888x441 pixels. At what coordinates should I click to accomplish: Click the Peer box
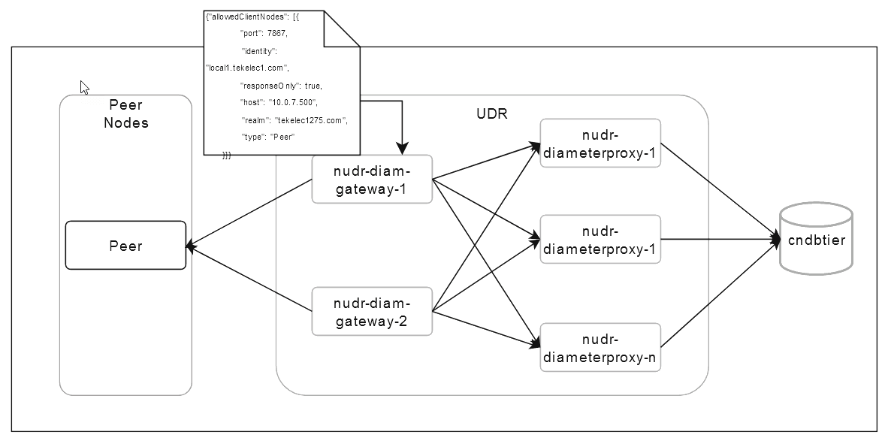tap(125, 245)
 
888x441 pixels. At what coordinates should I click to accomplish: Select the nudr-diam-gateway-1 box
tap(372, 180)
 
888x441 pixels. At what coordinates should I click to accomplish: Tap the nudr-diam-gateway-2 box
tap(372, 312)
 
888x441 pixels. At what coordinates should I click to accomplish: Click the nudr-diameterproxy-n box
tap(600, 348)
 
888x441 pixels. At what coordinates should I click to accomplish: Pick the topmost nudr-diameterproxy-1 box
tap(600, 143)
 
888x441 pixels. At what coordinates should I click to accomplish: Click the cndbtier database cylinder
tap(817, 240)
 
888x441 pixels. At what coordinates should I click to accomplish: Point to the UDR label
tap(492, 114)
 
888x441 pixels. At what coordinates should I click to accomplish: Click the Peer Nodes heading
tap(125, 113)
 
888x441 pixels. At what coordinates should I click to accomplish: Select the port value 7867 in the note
tap(276, 34)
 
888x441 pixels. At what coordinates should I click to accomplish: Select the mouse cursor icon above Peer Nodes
tap(85, 87)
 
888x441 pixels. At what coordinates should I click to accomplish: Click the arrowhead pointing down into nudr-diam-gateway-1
tap(403, 148)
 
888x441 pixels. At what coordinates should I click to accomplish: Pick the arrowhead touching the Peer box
tap(192, 246)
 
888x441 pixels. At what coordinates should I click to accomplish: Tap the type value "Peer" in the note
tap(281, 137)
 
